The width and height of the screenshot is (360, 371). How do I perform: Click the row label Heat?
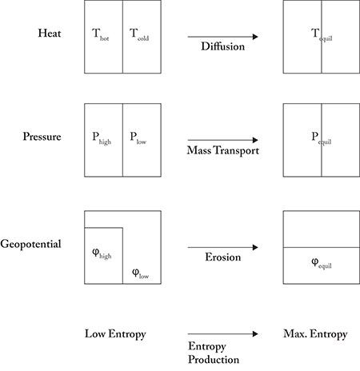click(x=50, y=33)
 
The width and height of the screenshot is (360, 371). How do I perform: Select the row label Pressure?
click(x=42, y=137)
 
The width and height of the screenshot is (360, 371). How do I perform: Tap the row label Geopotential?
click(x=30, y=245)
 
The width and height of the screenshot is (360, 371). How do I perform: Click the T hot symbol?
click(x=101, y=35)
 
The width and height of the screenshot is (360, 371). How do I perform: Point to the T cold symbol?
click(x=139, y=35)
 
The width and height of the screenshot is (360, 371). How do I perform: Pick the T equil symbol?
click(x=322, y=35)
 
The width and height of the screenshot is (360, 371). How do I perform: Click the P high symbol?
click(x=102, y=138)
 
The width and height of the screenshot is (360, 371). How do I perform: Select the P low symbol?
click(x=138, y=138)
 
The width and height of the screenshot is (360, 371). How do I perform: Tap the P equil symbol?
click(x=322, y=138)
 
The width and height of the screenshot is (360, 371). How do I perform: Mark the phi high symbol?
click(x=102, y=254)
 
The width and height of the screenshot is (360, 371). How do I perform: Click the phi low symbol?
click(x=141, y=273)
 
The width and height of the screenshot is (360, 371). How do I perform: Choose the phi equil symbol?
click(x=322, y=264)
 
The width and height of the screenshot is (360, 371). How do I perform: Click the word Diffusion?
click(x=223, y=46)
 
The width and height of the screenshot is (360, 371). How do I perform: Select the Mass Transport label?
click(x=223, y=150)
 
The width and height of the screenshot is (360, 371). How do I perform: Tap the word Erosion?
click(x=223, y=257)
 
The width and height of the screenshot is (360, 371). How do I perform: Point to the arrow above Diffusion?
click(x=223, y=37)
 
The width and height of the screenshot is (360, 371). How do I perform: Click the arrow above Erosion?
click(x=223, y=247)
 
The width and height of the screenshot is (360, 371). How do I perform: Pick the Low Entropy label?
click(x=115, y=334)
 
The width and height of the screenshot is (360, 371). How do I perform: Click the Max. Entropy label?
click(x=315, y=334)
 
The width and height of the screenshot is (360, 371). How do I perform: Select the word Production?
click(x=214, y=360)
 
